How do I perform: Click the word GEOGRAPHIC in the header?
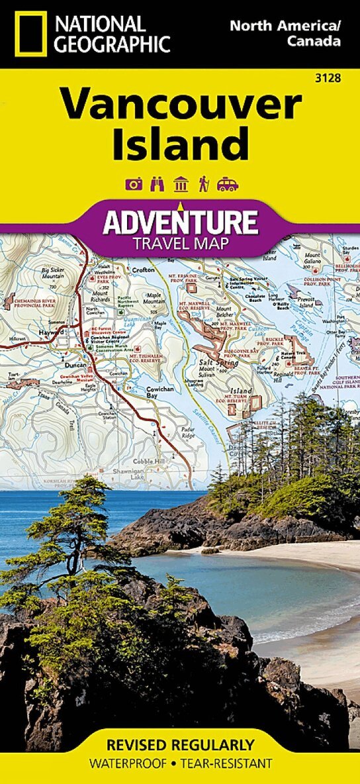click(x=113, y=44)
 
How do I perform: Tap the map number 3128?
click(x=329, y=79)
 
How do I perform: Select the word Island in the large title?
click(x=180, y=145)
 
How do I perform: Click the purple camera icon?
click(x=134, y=184)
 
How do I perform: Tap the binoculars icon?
click(x=157, y=184)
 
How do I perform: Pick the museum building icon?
click(x=180, y=184)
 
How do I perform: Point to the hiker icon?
click(x=203, y=184)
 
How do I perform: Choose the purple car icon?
click(x=227, y=184)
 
